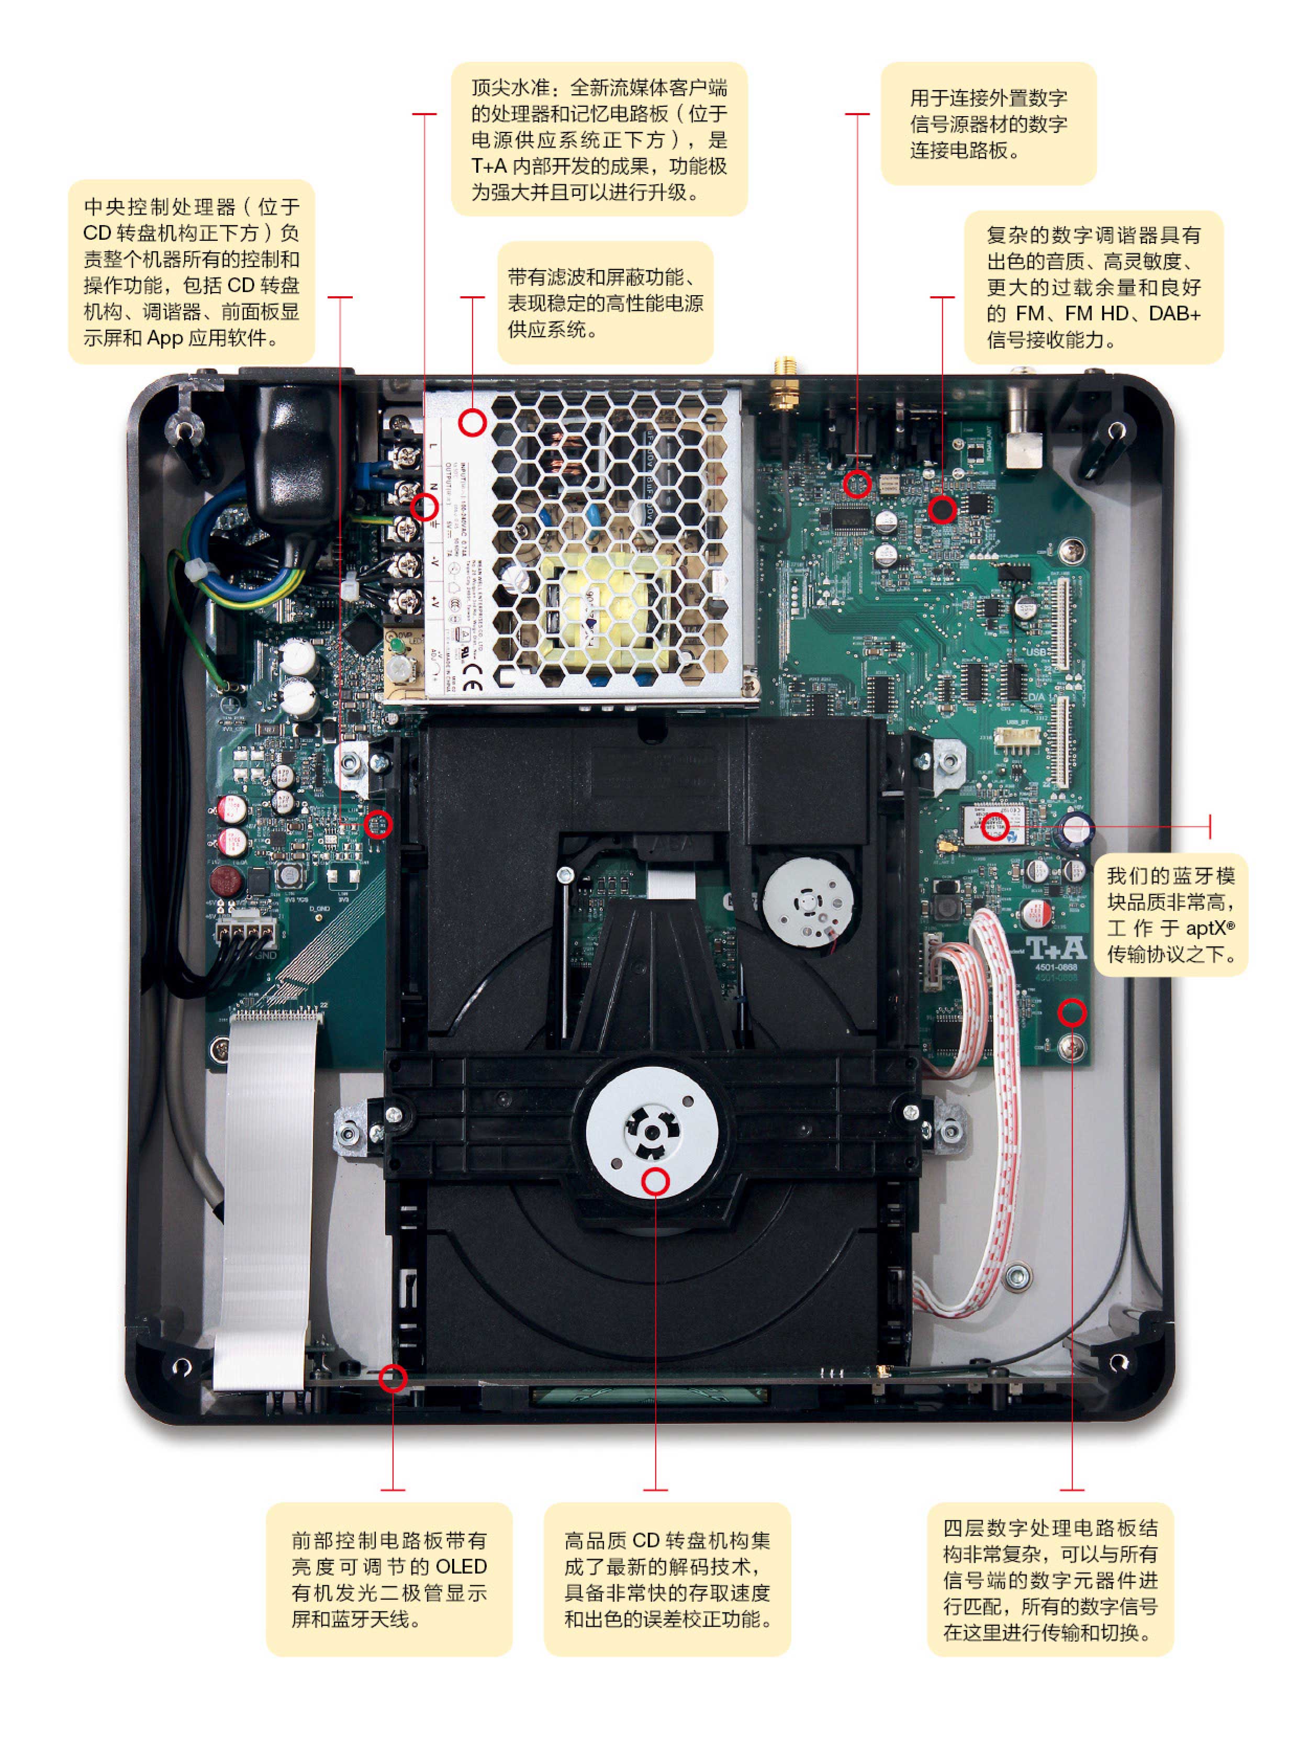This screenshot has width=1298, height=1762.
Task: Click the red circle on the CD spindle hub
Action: (655, 1181)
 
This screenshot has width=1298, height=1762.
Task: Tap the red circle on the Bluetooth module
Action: (995, 826)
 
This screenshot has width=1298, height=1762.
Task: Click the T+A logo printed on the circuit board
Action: (1055, 949)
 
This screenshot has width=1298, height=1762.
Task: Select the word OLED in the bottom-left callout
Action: (461, 1566)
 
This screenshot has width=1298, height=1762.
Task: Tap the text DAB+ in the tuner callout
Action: (1174, 314)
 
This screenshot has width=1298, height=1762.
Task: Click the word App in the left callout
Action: (165, 338)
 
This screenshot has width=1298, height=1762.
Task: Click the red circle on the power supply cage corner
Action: (472, 423)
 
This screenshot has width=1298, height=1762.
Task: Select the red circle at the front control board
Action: (393, 1378)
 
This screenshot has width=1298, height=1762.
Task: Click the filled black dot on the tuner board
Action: (942, 509)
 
